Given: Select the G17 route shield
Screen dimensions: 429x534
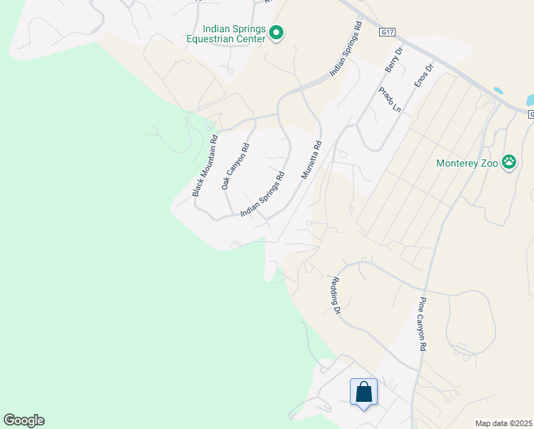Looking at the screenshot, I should pos(388,32).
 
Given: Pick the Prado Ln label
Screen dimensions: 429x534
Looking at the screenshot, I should pos(391,100).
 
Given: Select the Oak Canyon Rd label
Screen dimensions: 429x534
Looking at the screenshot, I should pos(235,167).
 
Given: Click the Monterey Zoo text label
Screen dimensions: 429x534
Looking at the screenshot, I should pos(467,163).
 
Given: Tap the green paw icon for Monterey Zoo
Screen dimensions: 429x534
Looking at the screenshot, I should pos(509,162).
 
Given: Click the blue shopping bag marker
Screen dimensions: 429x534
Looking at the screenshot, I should pos(364,392).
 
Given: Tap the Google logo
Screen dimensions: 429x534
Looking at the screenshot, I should pos(24,420).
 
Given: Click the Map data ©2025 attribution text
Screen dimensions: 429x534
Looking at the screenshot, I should pos(504,423).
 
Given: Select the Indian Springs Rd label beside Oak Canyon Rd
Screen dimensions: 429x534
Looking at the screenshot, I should pos(263,194).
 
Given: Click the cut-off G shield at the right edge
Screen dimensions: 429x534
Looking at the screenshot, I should pos(531,114).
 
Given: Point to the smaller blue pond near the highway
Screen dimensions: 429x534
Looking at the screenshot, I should pos(498,92).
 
